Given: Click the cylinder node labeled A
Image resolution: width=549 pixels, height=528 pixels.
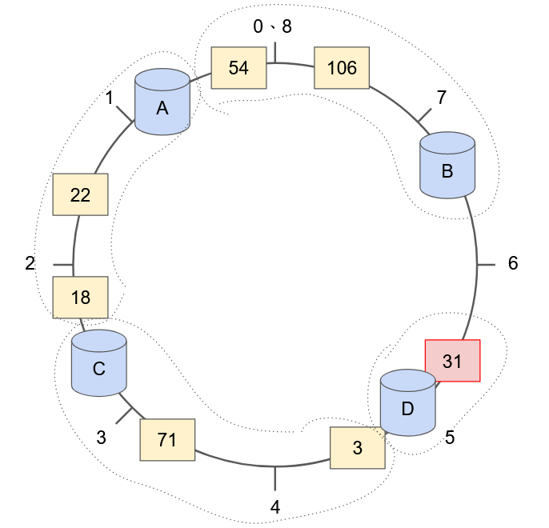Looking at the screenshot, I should pyautogui.click(x=162, y=102).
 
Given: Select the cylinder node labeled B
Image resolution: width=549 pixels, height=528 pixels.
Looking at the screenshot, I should pyautogui.click(x=447, y=166).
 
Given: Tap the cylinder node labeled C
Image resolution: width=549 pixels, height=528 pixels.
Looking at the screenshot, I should pyautogui.click(x=99, y=363).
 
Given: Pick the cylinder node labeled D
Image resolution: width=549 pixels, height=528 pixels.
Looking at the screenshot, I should pyautogui.click(x=407, y=403).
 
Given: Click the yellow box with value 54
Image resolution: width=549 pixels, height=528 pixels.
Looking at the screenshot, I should pyautogui.click(x=238, y=67).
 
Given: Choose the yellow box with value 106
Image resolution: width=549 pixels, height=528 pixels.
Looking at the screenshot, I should pyautogui.click(x=342, y=67).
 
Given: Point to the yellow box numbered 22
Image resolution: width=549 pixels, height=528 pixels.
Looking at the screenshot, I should pyautogui.click(x=80, y=194).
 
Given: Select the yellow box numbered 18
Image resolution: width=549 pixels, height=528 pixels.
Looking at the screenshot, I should pyautogui.click(x=80, y=297).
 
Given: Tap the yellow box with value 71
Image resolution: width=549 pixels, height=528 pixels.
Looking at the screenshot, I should pyautogui.click(x=167, y=439).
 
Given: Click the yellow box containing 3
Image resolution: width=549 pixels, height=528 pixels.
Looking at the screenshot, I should pyautogui.click(x=358, y=447).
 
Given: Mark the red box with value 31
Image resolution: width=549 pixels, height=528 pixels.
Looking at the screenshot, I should pyautogui.click(x=452, y=361).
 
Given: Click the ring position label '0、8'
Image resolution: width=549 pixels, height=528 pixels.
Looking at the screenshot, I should pyautogui.click(x=273, y=26).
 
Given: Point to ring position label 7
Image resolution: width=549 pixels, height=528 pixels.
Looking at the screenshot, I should pyautogui.click(x=441, y=98).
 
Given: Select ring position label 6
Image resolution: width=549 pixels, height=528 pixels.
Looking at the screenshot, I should pyautogui.click(x=513, y=263).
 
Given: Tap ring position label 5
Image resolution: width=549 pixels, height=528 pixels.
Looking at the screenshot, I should pyautogui.click(x=450, y=438).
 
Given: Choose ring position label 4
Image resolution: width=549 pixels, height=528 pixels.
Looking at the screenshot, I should pyautogui.click(x=275, y=506).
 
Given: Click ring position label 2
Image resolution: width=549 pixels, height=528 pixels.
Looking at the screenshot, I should pyautogui.click(x=30, y=263).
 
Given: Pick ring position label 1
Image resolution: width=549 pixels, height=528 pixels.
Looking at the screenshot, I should pyautogui.click(x=110, y=98).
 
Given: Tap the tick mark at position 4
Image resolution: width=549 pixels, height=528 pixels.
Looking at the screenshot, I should pyautogui.click(x=275, y=478).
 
